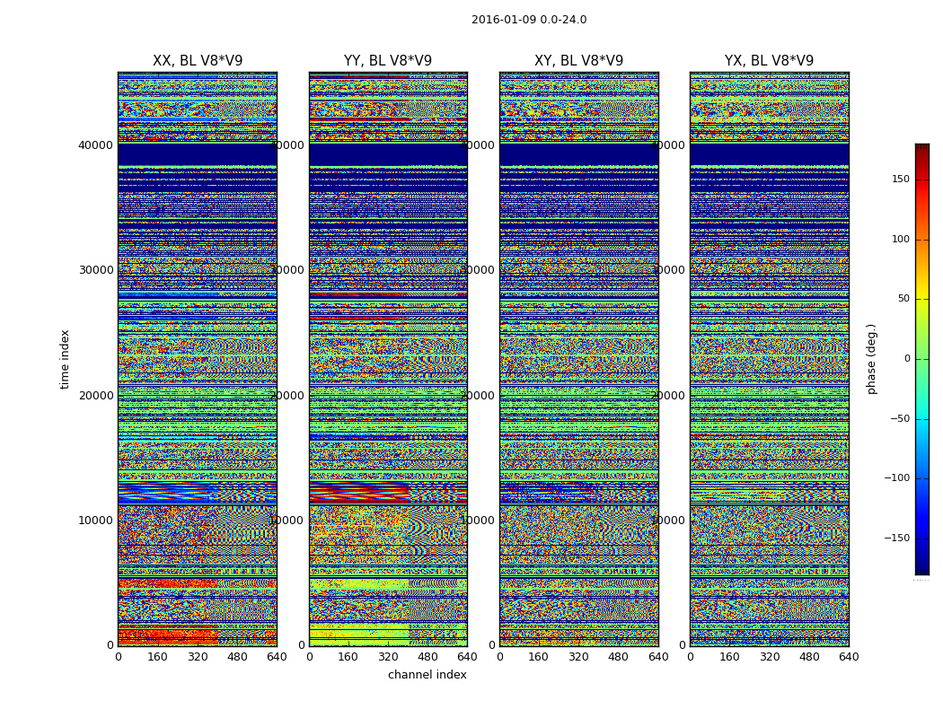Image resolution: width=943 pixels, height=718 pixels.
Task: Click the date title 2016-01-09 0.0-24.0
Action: click(529, 20)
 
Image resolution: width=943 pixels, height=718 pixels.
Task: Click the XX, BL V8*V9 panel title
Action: click(198, 61)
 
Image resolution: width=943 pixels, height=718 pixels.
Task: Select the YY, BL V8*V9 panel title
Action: click(388, 61)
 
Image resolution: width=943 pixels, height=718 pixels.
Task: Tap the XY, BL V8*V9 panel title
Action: click(578, 61)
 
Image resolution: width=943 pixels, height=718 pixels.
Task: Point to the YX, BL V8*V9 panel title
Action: click(769, 61)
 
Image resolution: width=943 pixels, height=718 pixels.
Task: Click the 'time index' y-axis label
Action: click(65, 359)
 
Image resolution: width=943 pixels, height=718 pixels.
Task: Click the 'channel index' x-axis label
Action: click(427, 675)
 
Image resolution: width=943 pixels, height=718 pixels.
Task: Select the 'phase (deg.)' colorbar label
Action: click(871, 359)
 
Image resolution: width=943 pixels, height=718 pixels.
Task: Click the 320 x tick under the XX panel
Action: click(198, 657)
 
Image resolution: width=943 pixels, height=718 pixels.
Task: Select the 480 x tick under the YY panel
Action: click(427, 657)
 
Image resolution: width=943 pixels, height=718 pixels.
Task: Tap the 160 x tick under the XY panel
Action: click(539, 657)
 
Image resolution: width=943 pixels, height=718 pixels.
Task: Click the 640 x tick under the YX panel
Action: click(849, 657)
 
